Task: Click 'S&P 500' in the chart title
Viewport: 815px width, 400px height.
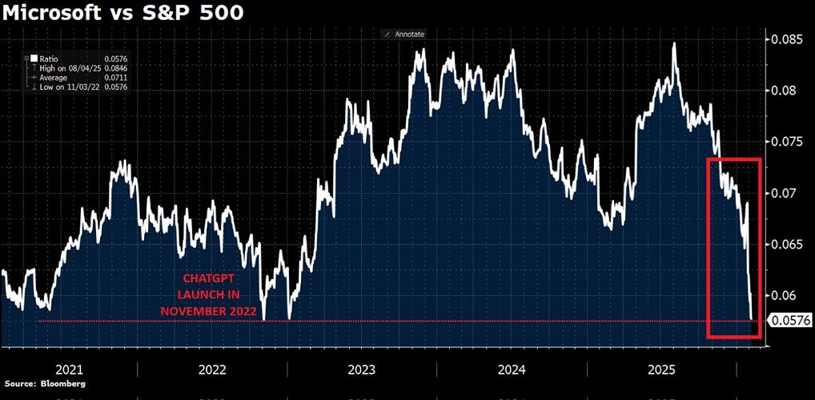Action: pyautogui.click(x=183, y=14)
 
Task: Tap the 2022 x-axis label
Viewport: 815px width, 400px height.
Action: pyautogui.click(x=212, y=370)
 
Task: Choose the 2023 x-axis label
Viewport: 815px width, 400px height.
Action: pyautogui.click(x=362, y=370)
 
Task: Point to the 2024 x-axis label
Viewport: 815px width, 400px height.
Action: pyautogui.click(x=512, y=370)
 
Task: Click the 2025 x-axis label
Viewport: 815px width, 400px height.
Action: pyautogui.click(x=661, y=370)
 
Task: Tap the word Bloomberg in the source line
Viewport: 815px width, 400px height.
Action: pyautogui.click(x=62, y=384)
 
